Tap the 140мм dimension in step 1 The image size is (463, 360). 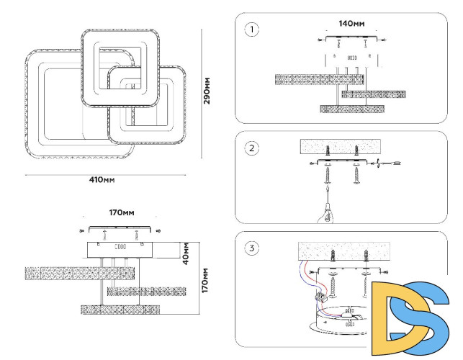pyautogui.click(x=351, y=24)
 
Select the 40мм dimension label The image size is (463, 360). pyautogui.click(x=184, y=251)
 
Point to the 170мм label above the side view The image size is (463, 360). pyautogui.click(x=122, y=214)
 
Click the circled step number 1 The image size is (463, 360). pyautogui.click(x=251, y=30)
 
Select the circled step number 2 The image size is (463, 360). pyautogui.click(x=251, y=149)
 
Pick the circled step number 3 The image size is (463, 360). pyautogui.click(x=251, y=249)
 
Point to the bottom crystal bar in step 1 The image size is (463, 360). pyautogui.click(x=351, y=109)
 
